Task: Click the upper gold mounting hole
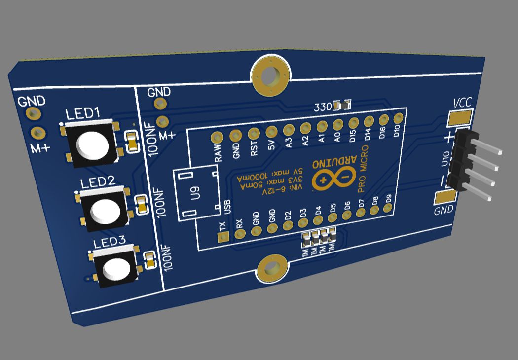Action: [270, 75]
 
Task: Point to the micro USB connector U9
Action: [196, 192]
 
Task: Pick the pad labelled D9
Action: [389, 209]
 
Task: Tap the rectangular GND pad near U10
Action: [446, 197]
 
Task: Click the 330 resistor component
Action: [342, 105]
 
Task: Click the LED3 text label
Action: [110, 243]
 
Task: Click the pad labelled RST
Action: [254, 133]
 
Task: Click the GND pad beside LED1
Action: [34, 113]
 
